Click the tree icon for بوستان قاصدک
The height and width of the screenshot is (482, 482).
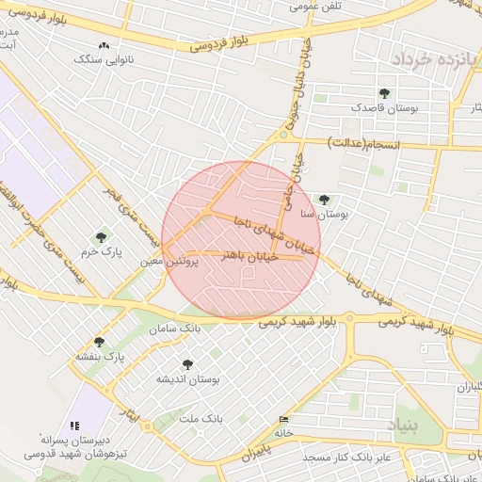click(383, 93)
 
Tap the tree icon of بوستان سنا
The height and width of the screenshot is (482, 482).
click(325, 200)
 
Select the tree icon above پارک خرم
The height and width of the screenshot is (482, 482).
click(101, 237)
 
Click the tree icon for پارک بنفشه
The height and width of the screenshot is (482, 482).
click(99, 342)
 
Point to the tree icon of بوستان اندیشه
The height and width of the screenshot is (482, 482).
click(186, 363)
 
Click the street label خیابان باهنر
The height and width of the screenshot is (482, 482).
click(247, 255)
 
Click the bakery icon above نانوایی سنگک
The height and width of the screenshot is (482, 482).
click(103, 44)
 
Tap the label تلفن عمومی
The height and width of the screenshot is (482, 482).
click(315, 7)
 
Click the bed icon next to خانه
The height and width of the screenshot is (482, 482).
click(284, 419)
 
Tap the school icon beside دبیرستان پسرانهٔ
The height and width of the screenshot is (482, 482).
click(75, 426)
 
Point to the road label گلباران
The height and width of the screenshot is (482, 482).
click(469, 387)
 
